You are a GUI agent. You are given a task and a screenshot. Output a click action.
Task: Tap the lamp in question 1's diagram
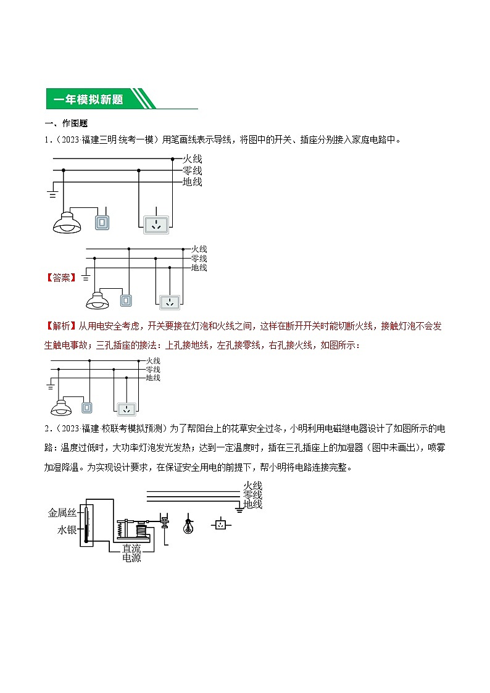[x=67, y=222]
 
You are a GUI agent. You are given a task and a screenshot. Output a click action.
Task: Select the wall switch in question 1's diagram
[x=102, y=223]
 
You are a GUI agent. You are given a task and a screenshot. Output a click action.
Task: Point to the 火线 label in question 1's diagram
[x=193, y=159]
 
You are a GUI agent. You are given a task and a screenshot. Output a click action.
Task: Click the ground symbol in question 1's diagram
[x=52, y=195]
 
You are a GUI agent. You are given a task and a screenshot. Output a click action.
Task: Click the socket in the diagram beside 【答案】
[x=169, y=302]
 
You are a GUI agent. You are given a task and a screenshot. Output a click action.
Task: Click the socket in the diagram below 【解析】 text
[x=127, y=409]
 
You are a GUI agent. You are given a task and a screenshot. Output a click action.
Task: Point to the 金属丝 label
[x=62, y=512]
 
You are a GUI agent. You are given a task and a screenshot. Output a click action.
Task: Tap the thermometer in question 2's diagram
[x=87, y=516]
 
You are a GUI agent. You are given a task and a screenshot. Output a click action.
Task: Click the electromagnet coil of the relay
[x=141, y=529]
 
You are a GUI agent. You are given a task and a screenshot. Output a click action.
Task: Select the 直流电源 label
[x=131, y=552]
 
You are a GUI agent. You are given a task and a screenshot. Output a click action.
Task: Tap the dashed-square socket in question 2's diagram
[x=220, y=525]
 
